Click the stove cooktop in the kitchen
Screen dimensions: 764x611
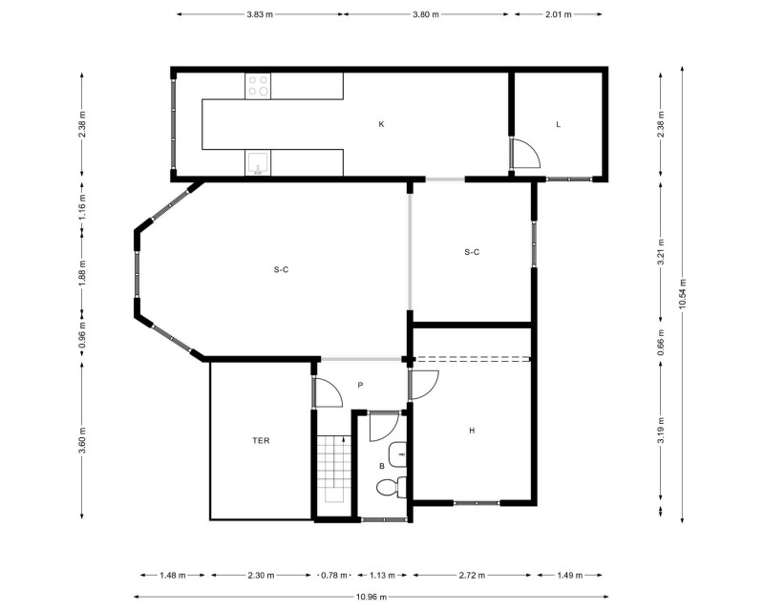(x=258, y=86)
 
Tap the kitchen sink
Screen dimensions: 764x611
(x=257, y=162)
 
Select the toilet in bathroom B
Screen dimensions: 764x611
(x=393, y=487)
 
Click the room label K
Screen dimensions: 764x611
(x=381, y=124)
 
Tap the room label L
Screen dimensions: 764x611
(x=559, y=124)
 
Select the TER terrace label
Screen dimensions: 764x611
(x=261, y=440)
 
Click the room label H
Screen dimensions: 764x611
(x=472, y=431)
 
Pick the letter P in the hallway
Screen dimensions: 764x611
(x=361, y=385)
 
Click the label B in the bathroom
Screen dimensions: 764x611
(x=382, y=466)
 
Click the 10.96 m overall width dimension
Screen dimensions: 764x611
(x=371, y=597)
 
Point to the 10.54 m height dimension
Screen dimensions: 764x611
(x=682, y=294)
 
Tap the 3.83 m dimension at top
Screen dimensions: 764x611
(x=260, y=14)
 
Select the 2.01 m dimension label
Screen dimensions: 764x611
(x=559, y=14)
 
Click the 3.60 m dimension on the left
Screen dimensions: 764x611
(x=82, y=440)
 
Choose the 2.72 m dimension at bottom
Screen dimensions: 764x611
(x=472, y=576)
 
